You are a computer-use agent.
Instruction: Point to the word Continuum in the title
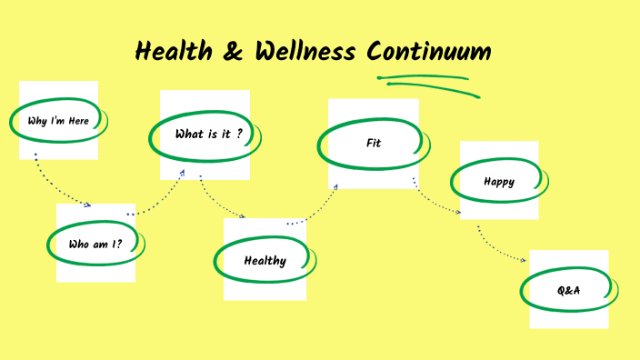click(x=428, y=52)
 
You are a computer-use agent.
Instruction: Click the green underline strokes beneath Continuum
click(x=427, y=84)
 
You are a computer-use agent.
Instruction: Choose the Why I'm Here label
click(x=58, y=121)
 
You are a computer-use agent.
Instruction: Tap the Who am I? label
click(x=95, y=245)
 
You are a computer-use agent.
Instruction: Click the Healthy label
click(x=265, y=261)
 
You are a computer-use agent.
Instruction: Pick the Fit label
click(x=373, y=143)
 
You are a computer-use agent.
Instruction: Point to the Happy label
click(x=498, y=182)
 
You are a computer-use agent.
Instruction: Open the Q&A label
click(x=569, y=291)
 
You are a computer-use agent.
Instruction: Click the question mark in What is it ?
click(x=238, y=135)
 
